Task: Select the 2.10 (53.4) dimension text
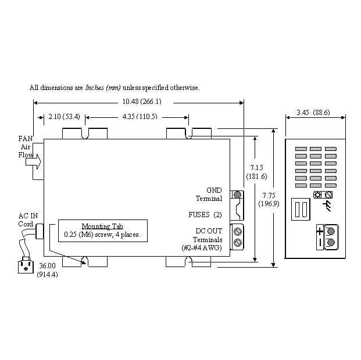(x=64, y=117)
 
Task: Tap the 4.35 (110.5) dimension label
(x=140, y=117)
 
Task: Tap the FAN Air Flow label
(x=26, y=147)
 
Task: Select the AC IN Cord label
(x=27, y=220)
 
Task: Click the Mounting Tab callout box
(x=102, y=231)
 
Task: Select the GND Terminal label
(x=209, y=194)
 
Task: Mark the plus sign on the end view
(x=320, y=231)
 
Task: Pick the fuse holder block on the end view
(x=301, y=209)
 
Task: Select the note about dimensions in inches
(x=115, y=88)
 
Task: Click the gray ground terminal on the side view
(x=237, y=195)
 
